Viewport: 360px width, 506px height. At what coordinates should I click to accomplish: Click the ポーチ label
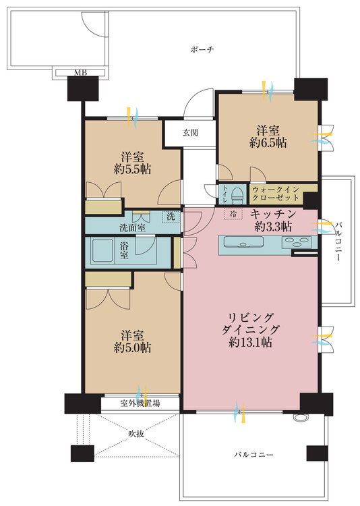click(202, 50)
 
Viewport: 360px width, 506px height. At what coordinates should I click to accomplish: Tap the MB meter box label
click(80, 73)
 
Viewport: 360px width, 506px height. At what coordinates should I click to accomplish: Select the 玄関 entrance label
click(190, 133)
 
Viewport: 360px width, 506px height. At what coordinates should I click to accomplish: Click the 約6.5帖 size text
click(268, 142)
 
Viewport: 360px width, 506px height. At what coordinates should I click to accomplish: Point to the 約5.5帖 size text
click(132, 169)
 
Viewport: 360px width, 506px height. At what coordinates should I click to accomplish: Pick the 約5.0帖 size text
click(132, 347)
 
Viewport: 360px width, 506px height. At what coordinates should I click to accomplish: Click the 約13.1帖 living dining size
click(250, 342)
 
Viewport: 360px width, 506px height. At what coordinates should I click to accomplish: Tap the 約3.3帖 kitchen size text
click(272, 227)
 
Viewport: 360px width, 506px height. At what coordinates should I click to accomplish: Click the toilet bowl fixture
click(238, 194)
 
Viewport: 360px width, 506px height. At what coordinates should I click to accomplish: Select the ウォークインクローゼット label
click(276, 194)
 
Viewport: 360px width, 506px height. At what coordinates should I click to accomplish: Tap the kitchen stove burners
click(297, 242)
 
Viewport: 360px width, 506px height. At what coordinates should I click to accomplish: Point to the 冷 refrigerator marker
click(233, 214)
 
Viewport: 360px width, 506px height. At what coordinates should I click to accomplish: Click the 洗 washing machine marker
click(171, 217)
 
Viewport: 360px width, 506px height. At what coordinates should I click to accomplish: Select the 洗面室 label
click(132, 228)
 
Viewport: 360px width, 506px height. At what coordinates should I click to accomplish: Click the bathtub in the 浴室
click(102, 250)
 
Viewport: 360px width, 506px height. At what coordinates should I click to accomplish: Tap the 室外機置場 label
click(140, 403)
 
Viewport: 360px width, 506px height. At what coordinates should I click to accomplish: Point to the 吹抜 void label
click(136, 434)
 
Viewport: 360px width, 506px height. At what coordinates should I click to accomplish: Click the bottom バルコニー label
click(253, 455)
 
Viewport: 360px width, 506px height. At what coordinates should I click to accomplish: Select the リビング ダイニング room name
click(250, 324)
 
